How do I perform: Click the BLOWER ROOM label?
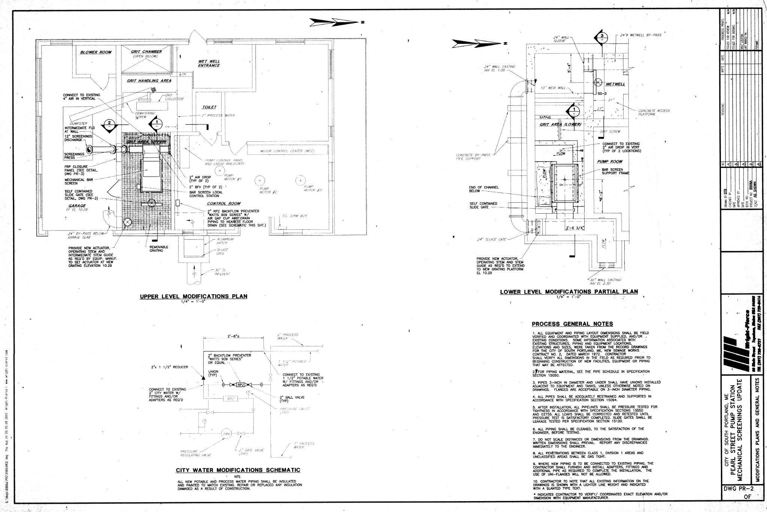[96, 52]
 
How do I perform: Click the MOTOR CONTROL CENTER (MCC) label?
[287, 151]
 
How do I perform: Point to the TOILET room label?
[208, 107]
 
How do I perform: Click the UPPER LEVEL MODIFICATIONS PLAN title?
[193, 296]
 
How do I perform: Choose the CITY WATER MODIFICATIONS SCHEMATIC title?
[238, 470]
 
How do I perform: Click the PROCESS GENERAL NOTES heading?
[572, 324]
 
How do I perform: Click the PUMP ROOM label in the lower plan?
[609, 162]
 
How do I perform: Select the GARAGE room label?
[77, 206]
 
